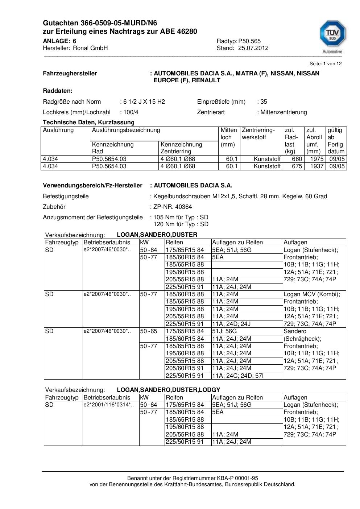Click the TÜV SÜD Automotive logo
332,37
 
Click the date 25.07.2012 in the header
253,48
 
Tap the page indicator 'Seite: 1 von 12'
325,63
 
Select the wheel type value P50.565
249,41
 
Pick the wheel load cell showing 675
297,166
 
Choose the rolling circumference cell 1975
316,159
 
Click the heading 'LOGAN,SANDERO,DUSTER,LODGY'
169,390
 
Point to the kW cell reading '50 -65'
149,331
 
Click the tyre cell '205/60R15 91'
185,368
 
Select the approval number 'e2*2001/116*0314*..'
108,405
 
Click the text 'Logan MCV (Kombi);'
312,294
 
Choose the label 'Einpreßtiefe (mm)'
221,102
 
